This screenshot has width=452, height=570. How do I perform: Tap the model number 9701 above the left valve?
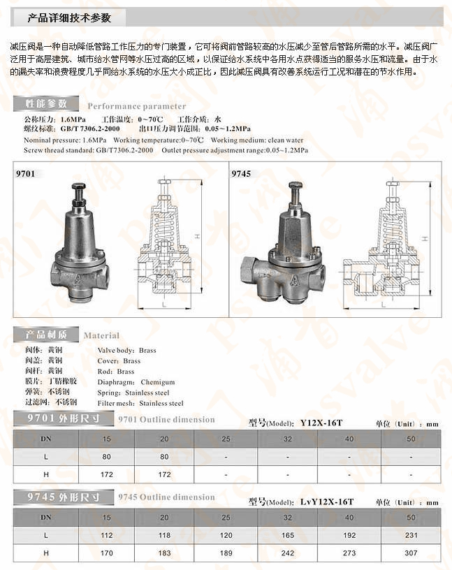tap(24, 173)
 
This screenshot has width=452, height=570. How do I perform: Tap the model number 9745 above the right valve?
tap(241, 173)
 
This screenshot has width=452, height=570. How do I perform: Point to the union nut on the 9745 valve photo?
tap(251, 269)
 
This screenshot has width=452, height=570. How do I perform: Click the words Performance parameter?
tap(136, 106)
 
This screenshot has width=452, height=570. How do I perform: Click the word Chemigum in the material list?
tap(157, 382)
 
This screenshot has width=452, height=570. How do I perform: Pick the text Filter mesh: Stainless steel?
tap(140, 403)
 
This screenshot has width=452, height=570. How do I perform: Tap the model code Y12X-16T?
tap(321, 423)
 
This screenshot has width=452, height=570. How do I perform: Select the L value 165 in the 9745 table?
tap(288, 536)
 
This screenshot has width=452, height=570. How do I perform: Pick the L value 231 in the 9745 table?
tap(411, 536)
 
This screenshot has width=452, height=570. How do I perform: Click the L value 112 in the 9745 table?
tap(107, 536)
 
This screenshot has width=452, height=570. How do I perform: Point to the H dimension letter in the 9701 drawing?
tap(198, 237)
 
